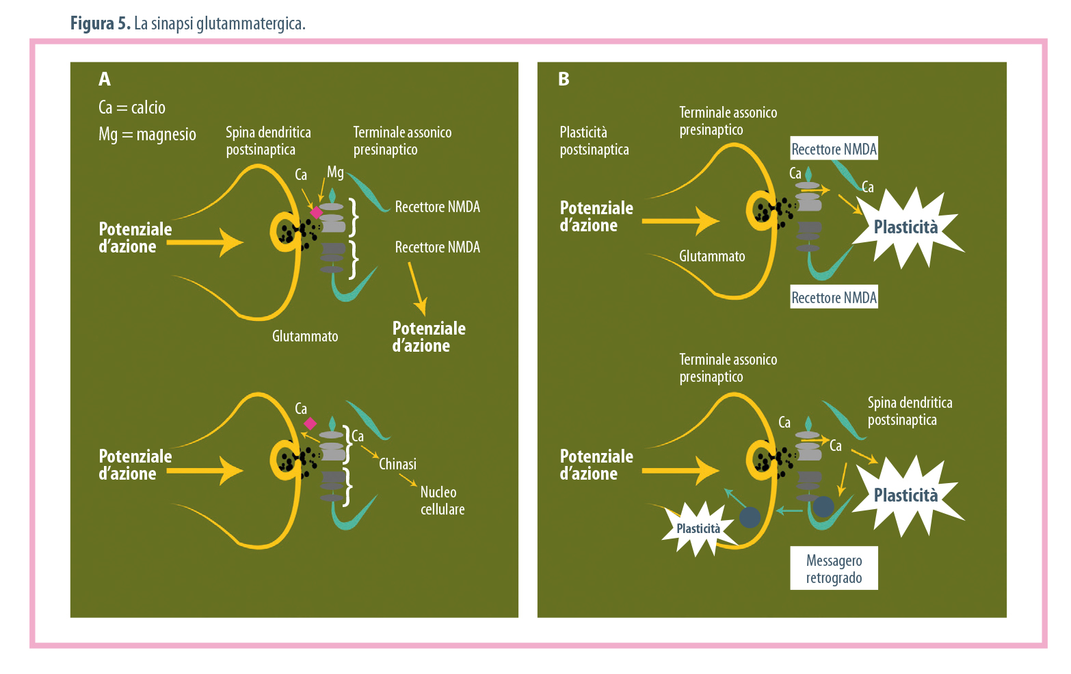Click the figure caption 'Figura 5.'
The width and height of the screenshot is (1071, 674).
click(x=101, y=24)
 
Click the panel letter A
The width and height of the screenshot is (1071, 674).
click(x=105, y=79)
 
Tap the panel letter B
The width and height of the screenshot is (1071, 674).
click(x=564, y=79)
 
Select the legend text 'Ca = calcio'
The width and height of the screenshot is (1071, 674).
click(x=132, y=108)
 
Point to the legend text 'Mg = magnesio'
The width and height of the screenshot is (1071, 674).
click(x=147, y=135)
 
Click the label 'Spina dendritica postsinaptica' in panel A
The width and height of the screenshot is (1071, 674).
click(x=268, y=141)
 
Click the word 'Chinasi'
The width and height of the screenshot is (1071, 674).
click(x=397, y=465)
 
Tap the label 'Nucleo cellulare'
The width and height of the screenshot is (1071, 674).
click(x=442, y=501)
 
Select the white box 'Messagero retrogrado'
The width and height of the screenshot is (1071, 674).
click(x=834, y=569)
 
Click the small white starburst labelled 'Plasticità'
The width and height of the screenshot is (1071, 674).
click(x=698, y=529)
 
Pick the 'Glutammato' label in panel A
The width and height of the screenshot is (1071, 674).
click(x=305, y=337)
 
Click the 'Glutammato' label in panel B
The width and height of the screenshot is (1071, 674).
click(x=712, y=257)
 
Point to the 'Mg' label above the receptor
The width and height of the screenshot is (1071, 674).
click(x=335, y=172)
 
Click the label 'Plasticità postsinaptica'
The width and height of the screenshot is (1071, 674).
click(x=594, y=141)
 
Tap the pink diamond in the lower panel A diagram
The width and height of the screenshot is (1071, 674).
click(x=310, y=424)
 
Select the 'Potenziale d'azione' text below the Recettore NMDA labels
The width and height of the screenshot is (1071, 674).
click(x=429, y=337)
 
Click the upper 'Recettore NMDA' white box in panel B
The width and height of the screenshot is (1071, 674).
click(x=834, y=149)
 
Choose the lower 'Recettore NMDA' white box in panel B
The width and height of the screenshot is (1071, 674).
click(x=834, y=298)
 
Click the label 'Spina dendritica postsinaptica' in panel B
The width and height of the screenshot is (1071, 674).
click(x=910, y=411)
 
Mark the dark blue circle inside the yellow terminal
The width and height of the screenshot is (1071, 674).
click(x=750, y=517)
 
